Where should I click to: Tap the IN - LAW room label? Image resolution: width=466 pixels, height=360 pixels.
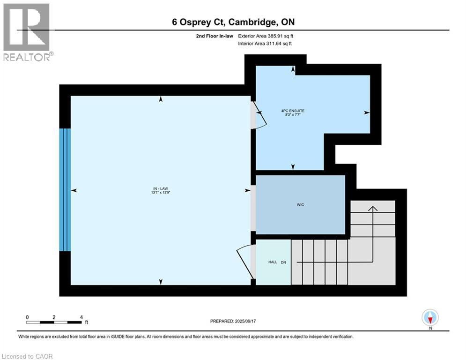[161, 188]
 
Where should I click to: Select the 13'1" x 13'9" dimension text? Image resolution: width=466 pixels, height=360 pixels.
[161, 193]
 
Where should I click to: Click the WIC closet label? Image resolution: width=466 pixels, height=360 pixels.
[301, 205]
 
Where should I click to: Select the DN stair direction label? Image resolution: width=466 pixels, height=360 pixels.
[283, 262]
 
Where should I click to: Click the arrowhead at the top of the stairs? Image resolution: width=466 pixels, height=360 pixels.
[373, 209]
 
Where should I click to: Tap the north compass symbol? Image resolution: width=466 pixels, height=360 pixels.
[430, 318]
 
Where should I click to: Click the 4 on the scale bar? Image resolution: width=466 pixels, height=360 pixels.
[81, 317]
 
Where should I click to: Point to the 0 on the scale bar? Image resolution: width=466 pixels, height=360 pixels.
[28, 317]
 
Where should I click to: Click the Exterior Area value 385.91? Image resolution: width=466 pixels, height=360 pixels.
[280, 36]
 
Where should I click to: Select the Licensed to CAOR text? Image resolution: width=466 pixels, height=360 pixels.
[28, 356]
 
